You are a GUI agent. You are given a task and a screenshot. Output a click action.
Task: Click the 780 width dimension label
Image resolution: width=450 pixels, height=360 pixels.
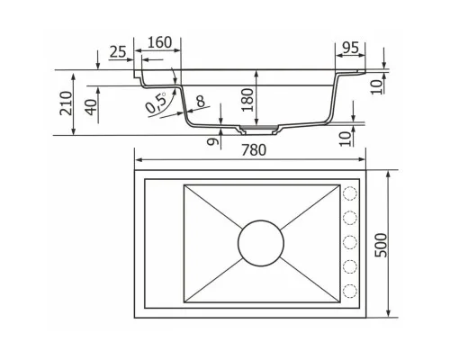coord(254,150)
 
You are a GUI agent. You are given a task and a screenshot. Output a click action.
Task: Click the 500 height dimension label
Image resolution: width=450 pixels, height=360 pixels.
coord(381,245)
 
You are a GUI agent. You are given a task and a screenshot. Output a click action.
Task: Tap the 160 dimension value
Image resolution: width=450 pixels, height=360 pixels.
coord(160,42)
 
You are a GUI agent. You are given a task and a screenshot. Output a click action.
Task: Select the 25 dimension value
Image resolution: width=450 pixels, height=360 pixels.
coord(118,52)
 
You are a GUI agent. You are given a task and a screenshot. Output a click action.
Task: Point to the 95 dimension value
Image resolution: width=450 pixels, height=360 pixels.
coord(350,48)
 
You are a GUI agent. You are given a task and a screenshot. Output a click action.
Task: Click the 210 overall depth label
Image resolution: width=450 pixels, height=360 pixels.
coord(66,103)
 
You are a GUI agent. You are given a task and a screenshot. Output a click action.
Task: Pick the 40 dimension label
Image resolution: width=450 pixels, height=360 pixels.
coord(91,107)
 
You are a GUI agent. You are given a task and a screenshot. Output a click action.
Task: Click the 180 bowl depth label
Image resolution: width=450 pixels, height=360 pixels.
coord(247,100)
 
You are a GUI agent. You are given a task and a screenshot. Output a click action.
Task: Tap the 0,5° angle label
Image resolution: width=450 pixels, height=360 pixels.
coord(156,103)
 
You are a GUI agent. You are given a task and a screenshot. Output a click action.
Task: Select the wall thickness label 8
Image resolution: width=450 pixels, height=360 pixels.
coord(201,102)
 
